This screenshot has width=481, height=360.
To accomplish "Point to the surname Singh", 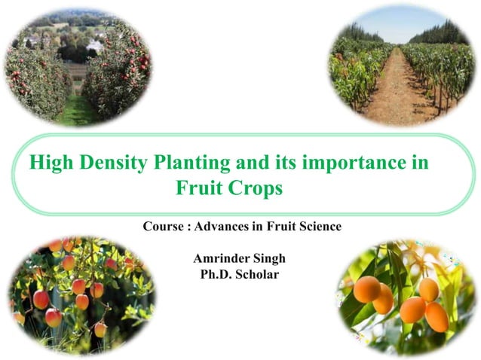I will point(270,259).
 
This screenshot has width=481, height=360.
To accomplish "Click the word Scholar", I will point(258,275).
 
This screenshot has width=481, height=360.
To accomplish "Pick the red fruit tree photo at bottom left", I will point(79,294).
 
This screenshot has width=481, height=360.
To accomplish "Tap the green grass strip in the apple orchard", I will point(75,113).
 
